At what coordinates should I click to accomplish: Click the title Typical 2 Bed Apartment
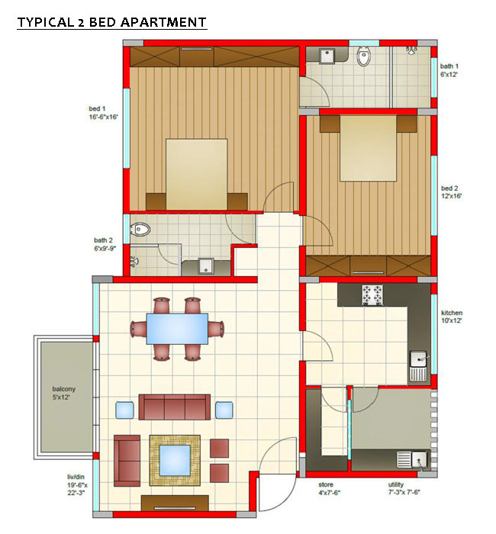(x=111, y=22)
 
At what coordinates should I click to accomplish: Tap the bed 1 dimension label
(x=103, y=113)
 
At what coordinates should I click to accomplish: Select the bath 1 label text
(x=449, y=70)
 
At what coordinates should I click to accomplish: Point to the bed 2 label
(x=451, y=192)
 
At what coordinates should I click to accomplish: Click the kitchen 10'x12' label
(x=452, y=317)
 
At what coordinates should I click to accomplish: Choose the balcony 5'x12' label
(x=63, y=393)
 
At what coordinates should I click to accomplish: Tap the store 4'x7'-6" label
(x=330, y=488)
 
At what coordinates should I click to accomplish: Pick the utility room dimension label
(x=404, y=488)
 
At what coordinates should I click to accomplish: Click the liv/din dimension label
(x=77, y=485)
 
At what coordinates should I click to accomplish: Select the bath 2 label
(x=105, y=244)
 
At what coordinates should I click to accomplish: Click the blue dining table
(x=177, y=329)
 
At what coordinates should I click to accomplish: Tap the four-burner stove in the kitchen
(x=372, y=294)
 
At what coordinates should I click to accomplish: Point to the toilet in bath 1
(x=363, y=57)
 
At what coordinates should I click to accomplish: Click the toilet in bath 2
(x=140, y=229)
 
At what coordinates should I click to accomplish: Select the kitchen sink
(x=418, y=366)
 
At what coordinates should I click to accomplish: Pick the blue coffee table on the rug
(x=175, y=460)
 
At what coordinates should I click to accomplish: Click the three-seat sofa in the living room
(x=175, y=407)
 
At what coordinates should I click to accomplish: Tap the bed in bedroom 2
(x=369, y=148)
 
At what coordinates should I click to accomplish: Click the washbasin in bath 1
(x=327, y=56)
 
